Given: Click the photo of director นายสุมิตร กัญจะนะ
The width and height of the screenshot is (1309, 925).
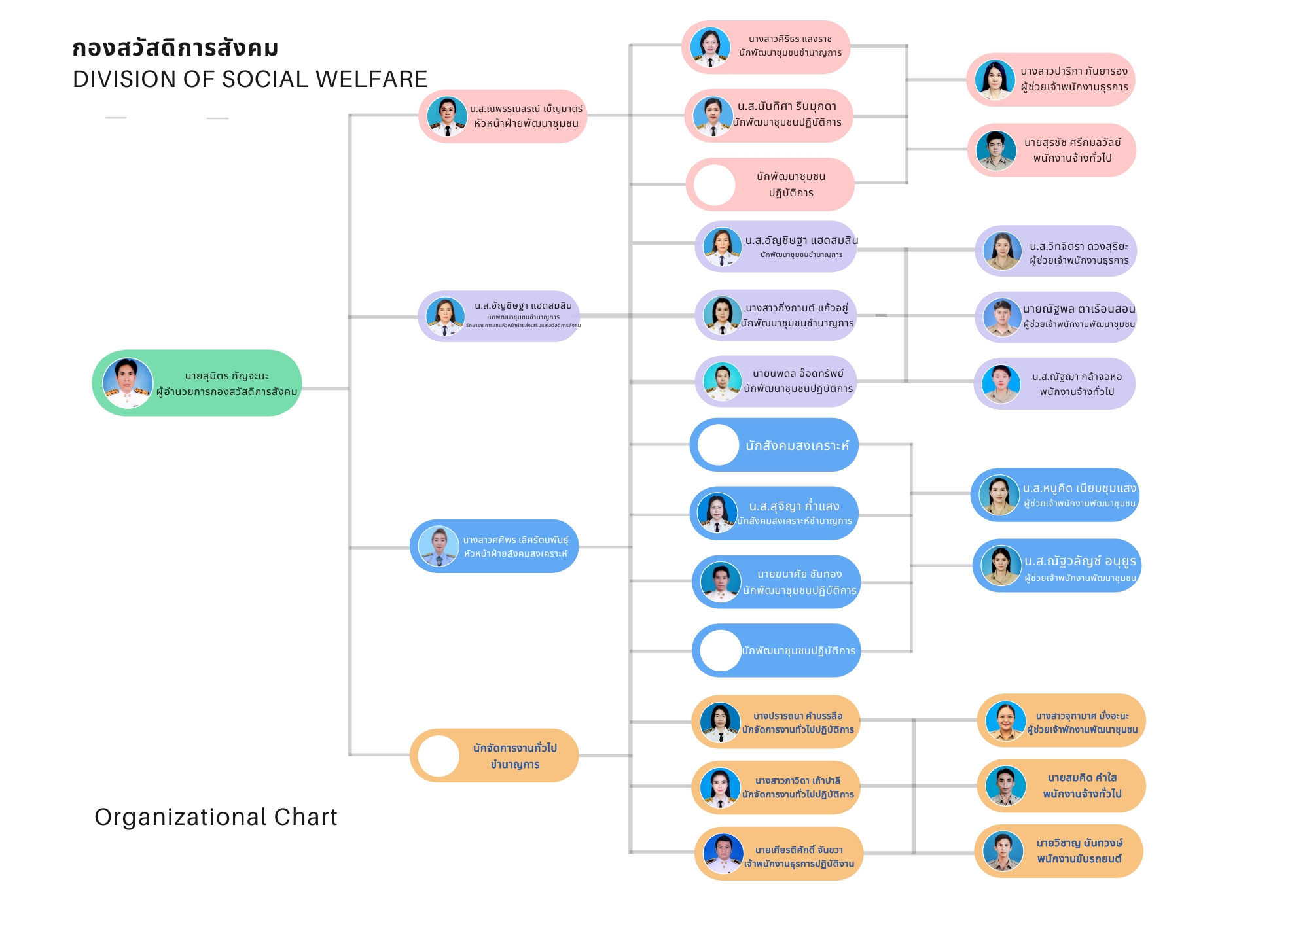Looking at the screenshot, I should [128, 383].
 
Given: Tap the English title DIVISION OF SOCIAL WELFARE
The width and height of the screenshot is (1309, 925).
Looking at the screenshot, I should [250, 79].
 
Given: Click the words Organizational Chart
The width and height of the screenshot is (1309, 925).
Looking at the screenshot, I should [215, 817].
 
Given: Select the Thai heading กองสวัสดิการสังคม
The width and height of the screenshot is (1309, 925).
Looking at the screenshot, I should [175, 48].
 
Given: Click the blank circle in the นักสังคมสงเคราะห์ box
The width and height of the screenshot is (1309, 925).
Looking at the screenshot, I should [718, 445].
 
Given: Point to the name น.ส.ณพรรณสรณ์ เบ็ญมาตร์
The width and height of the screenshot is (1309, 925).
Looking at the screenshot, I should [526, 109].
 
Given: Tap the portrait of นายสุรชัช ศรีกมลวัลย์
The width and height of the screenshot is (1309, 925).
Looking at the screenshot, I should [995, 150].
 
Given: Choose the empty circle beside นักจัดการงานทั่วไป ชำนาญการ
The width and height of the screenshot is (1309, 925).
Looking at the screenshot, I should [438, 756].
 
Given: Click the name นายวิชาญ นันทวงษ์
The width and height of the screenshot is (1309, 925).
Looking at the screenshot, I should [1079, 843].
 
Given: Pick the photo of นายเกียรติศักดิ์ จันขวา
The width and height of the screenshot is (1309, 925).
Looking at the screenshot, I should [723, 853].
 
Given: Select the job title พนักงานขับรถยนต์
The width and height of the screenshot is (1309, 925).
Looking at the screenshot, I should [1079, 859].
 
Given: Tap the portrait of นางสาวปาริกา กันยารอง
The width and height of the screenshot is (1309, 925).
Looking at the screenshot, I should [994, 80].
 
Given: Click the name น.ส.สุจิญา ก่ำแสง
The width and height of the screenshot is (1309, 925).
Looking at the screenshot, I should [794, 506].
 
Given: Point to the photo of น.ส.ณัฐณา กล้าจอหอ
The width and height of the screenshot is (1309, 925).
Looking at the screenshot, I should [1001, 383].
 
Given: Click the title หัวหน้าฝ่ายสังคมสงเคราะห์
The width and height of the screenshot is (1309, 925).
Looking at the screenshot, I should [516, 554].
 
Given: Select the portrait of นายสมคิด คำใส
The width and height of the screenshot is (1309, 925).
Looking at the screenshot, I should [1005, 786].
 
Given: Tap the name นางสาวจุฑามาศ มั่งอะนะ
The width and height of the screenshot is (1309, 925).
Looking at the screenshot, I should [1082, 716].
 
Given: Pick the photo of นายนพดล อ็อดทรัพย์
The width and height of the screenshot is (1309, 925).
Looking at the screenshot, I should [722, 381].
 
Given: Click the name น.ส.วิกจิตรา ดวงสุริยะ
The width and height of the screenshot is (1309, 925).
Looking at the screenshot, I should [1079, 247].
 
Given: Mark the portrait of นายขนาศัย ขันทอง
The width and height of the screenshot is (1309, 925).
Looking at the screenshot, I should [721, 582].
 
